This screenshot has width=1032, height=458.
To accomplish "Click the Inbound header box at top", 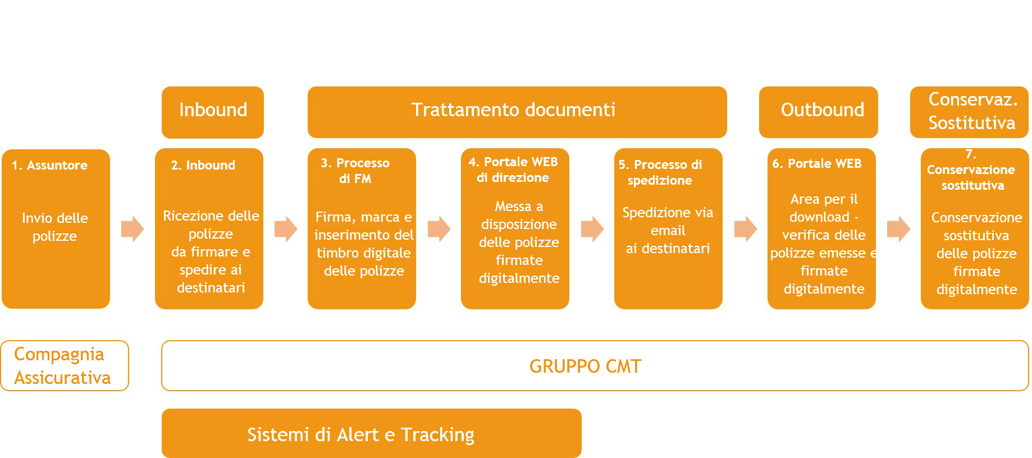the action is coord(213,112).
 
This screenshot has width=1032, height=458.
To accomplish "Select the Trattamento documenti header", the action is coord(517,112).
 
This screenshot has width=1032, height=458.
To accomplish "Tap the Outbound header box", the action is coord(818,112).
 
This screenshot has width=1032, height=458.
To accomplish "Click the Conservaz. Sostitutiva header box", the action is coord(969,112).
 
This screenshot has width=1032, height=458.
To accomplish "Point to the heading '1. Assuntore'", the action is coord(50,166).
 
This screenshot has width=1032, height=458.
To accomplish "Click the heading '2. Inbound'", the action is coord(203,166).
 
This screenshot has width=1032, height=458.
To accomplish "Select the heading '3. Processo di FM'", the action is coord(355,171).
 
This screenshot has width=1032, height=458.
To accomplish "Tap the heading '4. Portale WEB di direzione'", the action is coord(513,170).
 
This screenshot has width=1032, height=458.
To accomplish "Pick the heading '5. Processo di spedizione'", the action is coord(660,172).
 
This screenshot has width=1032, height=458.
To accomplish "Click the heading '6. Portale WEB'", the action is coord(817,164).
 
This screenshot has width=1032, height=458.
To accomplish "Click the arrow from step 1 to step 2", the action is coord(133,229).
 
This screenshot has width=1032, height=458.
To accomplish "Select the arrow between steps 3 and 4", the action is coord(439,229).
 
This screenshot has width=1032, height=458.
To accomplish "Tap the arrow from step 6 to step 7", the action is coord(898,229).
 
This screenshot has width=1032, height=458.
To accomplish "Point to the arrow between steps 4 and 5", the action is coord(592,229).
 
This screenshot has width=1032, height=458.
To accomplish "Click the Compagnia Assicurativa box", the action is coord(65,366).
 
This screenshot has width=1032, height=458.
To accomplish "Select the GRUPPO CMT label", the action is coord(585,367).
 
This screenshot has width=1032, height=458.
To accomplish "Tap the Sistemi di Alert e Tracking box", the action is coord(372,433).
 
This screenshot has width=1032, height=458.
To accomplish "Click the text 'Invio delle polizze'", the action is coord(55,227).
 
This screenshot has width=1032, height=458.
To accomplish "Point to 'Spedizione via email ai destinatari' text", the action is coord(668,231).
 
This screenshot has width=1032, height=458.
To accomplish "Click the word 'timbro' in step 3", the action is coord(337,253).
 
